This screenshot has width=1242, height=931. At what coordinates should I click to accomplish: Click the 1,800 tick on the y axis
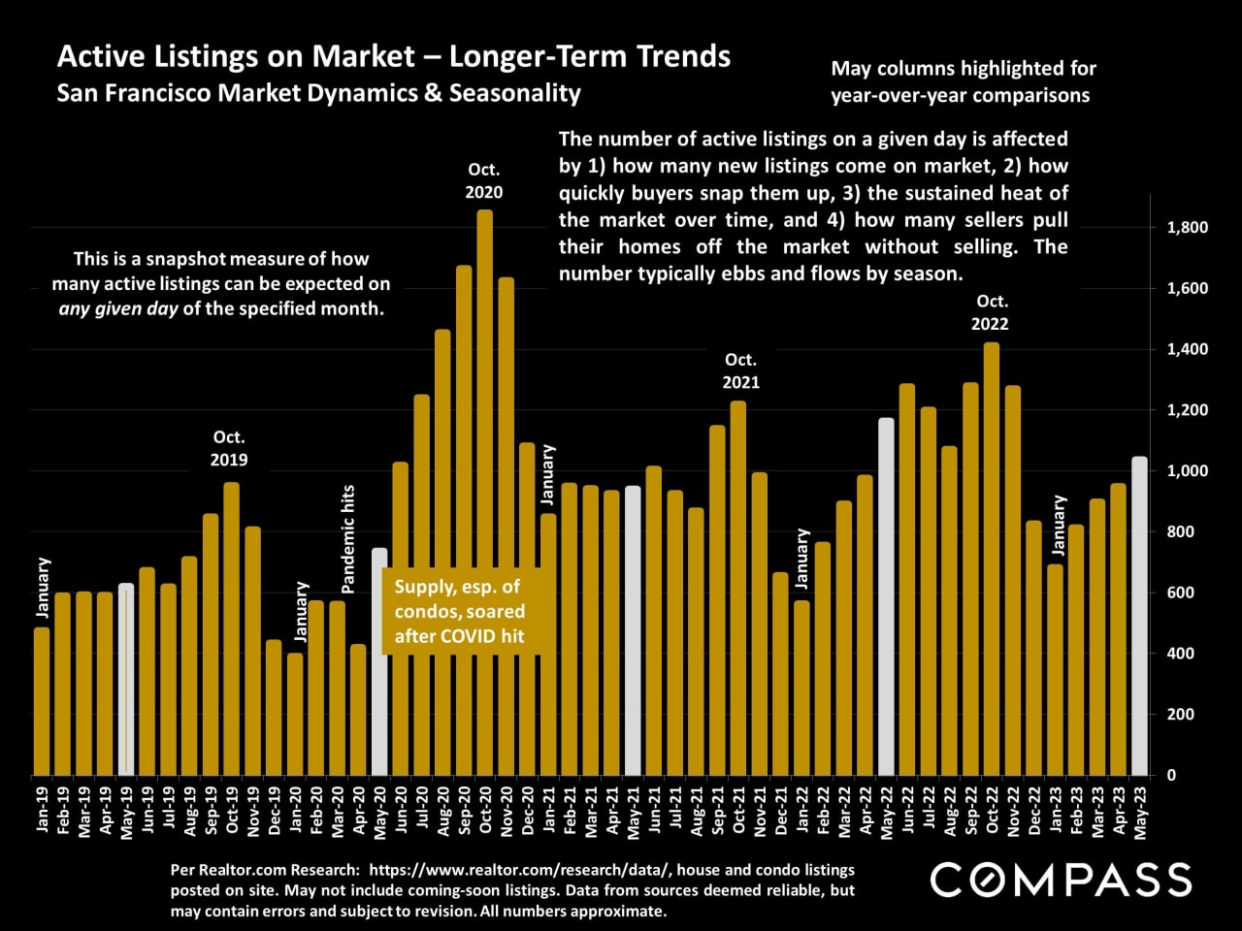pos(1187,228)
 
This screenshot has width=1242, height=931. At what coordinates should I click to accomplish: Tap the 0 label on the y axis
pos(1170,775)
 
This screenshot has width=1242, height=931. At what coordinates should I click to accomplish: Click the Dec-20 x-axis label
pos(528,811)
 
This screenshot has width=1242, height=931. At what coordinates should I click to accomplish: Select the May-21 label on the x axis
pos(634,811)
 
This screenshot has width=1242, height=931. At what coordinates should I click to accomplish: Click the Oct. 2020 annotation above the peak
pos(484,180)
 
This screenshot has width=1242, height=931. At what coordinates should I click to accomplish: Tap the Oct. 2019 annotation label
pos(229,448)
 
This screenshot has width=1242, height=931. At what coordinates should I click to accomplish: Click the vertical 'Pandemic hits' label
pos(348,538)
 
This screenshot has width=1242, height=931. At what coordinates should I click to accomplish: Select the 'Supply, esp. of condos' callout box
pos(459,611)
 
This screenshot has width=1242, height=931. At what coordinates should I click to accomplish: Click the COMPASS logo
pos(1061,880)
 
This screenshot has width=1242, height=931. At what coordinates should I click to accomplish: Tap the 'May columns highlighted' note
pos(963,81)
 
